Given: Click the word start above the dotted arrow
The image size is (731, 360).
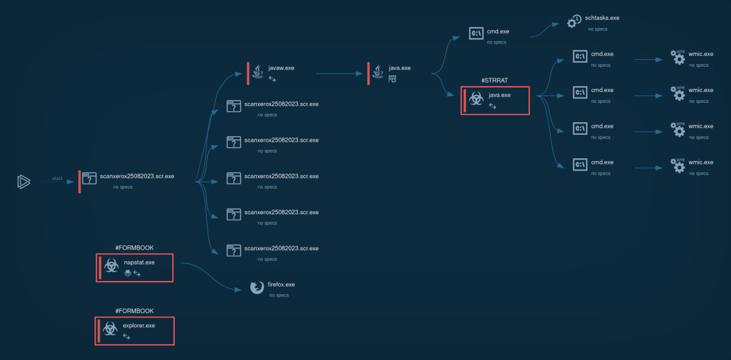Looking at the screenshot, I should coord(57,178).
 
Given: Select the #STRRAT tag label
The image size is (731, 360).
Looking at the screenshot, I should coord(495,81).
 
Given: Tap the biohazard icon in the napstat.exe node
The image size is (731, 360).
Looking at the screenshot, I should coord(112,266).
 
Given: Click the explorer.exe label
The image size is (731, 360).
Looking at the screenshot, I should coord(139,325).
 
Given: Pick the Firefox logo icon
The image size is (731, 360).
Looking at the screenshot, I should coord(257,287).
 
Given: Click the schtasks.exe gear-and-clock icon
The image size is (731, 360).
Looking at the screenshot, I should coord(574,21).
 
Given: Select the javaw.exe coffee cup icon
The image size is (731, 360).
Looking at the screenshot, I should coord(259,71).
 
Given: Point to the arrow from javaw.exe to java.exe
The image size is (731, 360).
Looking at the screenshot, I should coord(340,73).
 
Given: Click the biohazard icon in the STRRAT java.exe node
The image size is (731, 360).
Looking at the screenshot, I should coord(475,99).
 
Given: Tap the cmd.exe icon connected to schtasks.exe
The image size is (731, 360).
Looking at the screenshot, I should coord(476,33).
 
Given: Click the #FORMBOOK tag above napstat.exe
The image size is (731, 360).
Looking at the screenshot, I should coord(134,248).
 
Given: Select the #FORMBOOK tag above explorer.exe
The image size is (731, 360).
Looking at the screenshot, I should coord(134,311).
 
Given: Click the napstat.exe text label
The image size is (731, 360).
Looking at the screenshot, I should coord(139,262).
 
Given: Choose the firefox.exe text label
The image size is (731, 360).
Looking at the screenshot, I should coord(281,284).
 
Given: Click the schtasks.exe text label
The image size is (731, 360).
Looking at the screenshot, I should coord(602,18).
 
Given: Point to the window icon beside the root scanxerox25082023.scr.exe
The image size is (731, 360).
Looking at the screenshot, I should coord(90,178).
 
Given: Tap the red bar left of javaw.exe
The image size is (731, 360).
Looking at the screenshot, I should coord(248,73).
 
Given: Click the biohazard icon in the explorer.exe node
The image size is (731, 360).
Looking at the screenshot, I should coord(111,329).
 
